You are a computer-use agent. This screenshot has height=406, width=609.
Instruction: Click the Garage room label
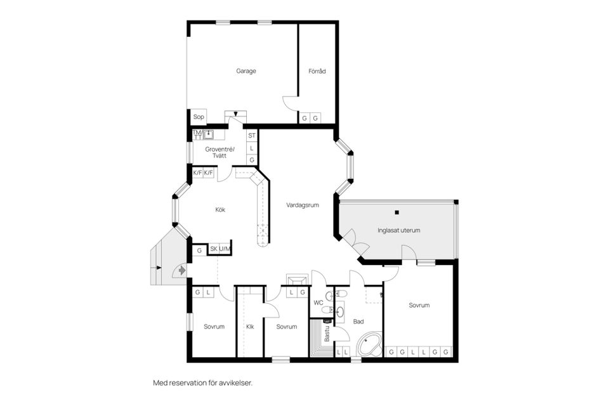[246, 71]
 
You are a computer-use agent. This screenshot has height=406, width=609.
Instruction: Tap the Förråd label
[317, 71]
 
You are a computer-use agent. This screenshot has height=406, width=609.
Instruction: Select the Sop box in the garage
[199, 117]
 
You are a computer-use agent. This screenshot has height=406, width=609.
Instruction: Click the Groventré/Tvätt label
[219, 152]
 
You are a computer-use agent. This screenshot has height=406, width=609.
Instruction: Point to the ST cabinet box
[252, 135]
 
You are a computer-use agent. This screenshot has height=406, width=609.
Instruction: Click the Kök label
[219, 209]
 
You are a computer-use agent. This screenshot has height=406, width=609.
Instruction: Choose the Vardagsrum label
[302, 205]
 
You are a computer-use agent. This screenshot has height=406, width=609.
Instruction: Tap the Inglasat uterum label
[399, 230]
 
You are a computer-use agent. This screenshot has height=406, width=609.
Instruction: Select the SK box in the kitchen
[214, 249]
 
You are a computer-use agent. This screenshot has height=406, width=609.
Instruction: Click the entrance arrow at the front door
[182, 270]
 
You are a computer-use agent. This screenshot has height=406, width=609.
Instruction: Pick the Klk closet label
[250, 327]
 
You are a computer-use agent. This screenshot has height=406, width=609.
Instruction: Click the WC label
[318, 303]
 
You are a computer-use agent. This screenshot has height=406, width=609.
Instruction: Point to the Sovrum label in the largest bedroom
[419, 305]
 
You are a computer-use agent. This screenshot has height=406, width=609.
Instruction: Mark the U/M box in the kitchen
[225, 249]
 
